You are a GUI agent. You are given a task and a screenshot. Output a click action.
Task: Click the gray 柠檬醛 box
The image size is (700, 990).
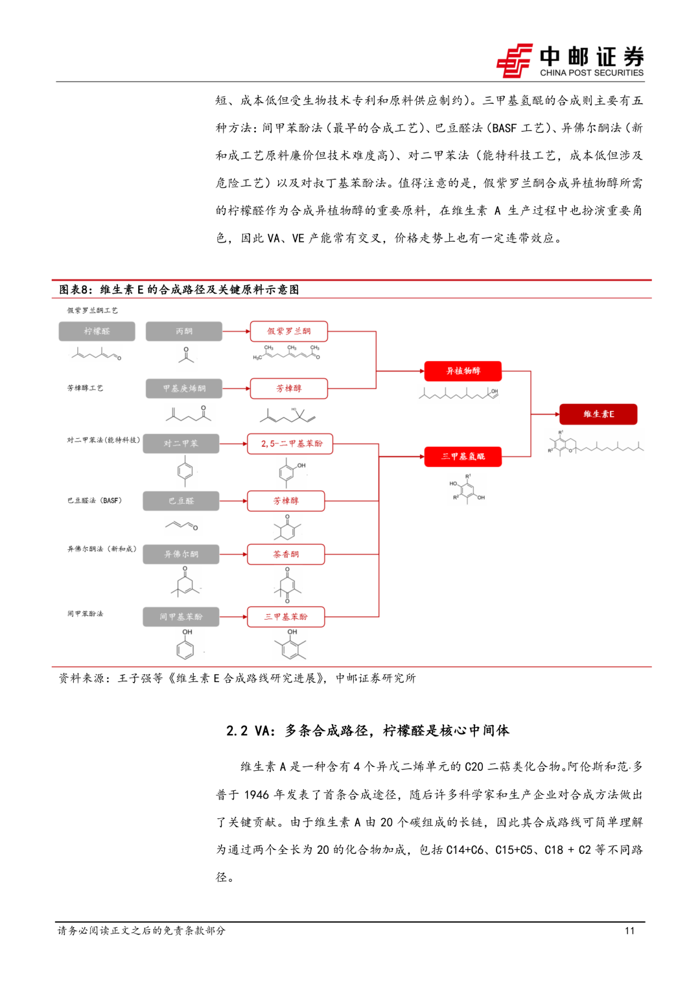tap(97, 331)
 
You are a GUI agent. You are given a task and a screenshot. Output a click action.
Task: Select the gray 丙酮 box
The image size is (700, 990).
tap(183, 331)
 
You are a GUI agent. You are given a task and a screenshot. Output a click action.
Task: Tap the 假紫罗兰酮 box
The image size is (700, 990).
tap(288, 331)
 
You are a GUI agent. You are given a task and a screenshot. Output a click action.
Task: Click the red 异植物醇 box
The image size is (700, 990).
tap(463, 371)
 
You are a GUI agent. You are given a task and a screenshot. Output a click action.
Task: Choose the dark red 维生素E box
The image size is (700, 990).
tap(598, 414)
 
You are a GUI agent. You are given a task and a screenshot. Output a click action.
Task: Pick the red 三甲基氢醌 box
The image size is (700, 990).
tap(463, 456)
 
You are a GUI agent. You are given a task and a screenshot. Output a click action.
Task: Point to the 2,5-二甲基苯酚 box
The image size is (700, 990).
tap(291, 443)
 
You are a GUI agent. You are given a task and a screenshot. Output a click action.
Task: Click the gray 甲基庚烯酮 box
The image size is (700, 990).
tap(183, 388)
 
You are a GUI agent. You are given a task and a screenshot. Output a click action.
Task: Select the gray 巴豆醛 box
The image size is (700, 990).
tap(181, 501)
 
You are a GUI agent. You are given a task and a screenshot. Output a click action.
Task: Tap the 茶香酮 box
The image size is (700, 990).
tap(286, 554)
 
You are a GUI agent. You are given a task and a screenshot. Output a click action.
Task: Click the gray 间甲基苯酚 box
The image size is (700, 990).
tap(181, 617)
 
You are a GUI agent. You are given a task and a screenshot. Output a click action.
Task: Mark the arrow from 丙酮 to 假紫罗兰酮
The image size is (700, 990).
tap(236, 331)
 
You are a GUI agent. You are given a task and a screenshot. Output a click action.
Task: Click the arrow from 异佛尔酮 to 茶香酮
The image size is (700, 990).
tap(233, 554)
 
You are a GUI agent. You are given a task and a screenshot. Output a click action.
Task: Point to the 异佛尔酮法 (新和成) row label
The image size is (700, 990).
tap(102, 549)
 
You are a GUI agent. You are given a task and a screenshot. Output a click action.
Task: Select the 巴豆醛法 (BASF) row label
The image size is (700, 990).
tap(95, 501)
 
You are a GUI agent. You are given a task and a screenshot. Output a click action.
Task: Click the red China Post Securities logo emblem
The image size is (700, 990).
tap(514, 61)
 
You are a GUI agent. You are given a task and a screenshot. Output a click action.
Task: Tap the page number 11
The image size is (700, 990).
tap(629, 931)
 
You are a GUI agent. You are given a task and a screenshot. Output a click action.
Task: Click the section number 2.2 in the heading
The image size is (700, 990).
tap(237, 731)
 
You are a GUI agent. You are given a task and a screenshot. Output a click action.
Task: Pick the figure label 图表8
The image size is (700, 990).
tap(76, 290)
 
